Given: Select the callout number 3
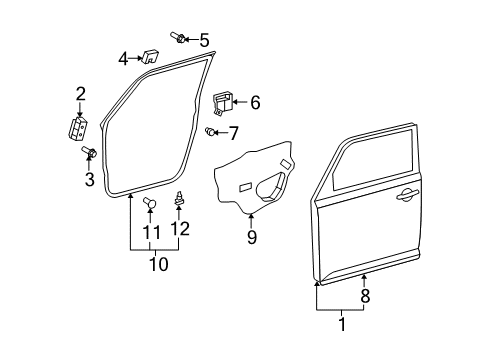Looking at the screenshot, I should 88,180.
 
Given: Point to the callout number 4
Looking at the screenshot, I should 124,58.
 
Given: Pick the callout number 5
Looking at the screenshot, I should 204,40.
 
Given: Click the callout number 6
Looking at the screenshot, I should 255,101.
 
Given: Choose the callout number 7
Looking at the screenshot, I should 233,132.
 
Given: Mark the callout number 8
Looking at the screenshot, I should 364,295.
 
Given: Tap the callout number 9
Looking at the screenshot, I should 251,237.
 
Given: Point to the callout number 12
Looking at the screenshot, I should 181,228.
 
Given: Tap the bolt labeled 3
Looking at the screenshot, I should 87,154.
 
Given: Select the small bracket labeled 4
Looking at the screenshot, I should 153,56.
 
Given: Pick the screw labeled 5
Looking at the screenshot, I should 178,39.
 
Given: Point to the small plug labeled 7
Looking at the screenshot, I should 210,131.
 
